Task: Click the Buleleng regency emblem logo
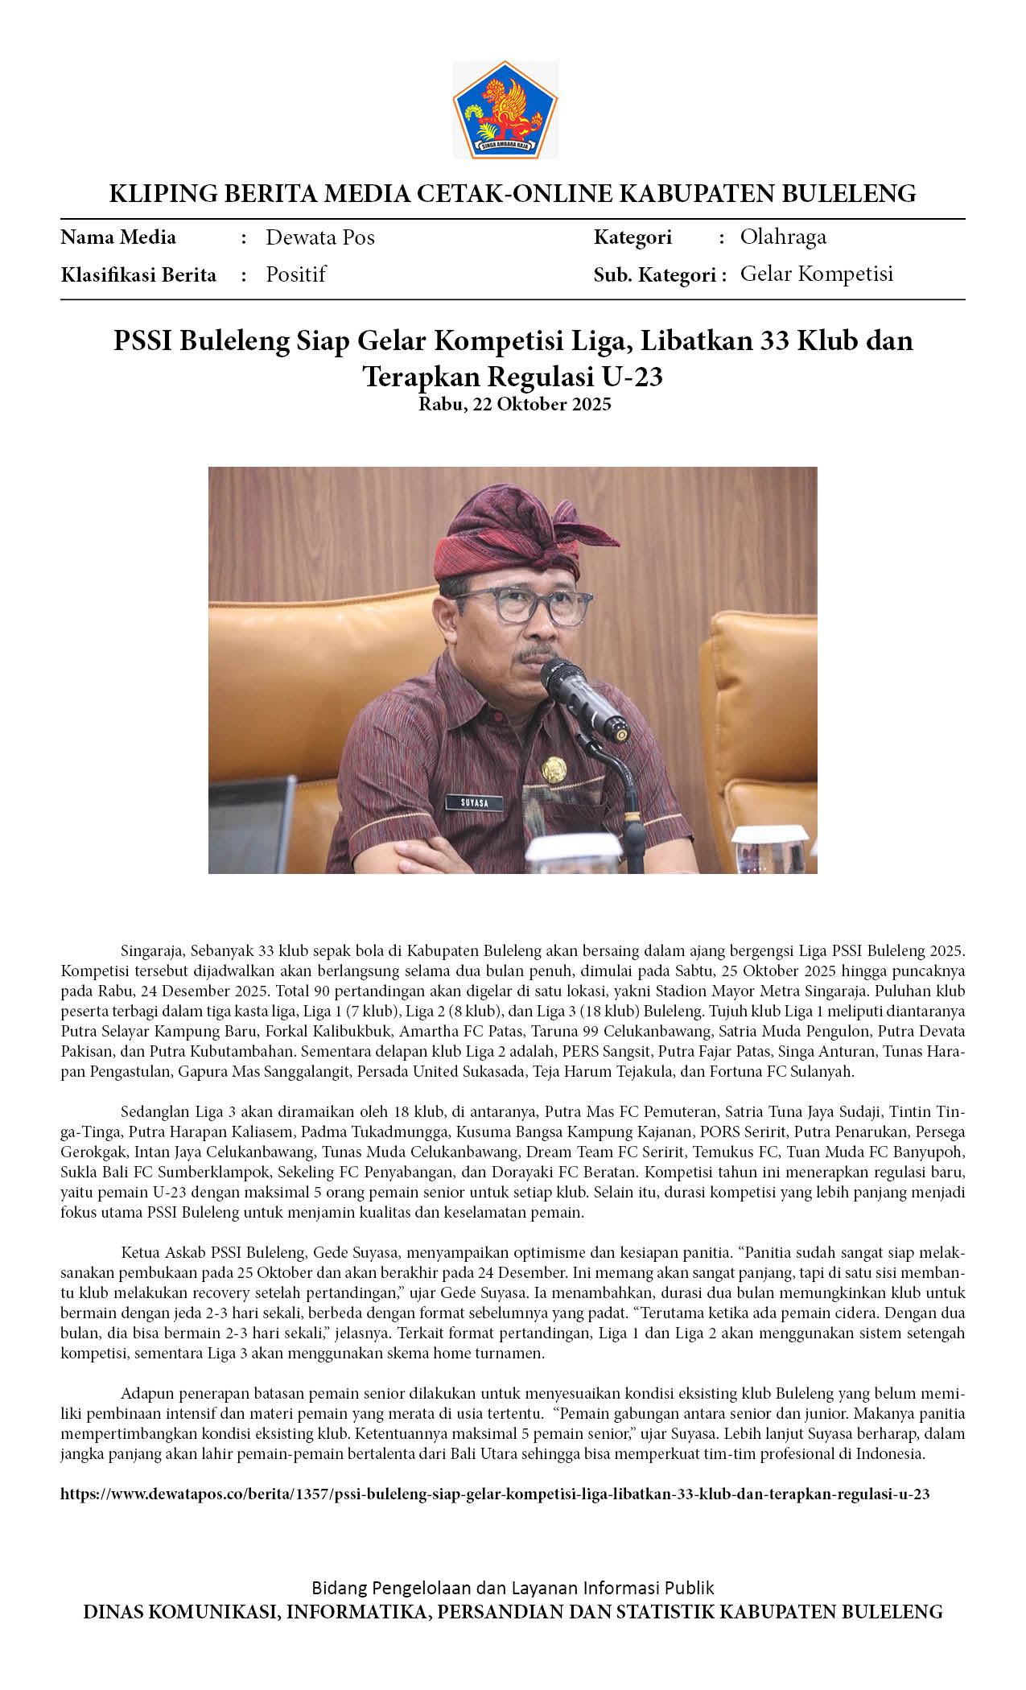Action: [505, 109]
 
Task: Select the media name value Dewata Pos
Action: [319, 237]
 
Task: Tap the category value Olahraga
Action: [782, 237]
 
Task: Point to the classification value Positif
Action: [295, 274]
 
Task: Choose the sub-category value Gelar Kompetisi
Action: [816, 274]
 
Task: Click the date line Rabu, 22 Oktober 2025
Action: [514, 404]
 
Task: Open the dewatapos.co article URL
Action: [495, 1494]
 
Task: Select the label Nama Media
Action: [118, 237]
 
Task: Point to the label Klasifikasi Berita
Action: [138, 275]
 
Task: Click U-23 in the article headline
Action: [631, 377]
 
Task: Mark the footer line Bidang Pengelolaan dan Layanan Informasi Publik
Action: [513, 1588]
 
